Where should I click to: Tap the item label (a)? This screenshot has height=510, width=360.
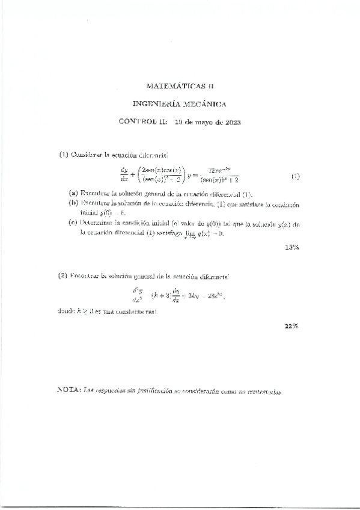73,194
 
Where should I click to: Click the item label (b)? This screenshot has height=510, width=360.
73,203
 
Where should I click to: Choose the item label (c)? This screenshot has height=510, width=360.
73,223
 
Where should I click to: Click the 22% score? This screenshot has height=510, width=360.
292,325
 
